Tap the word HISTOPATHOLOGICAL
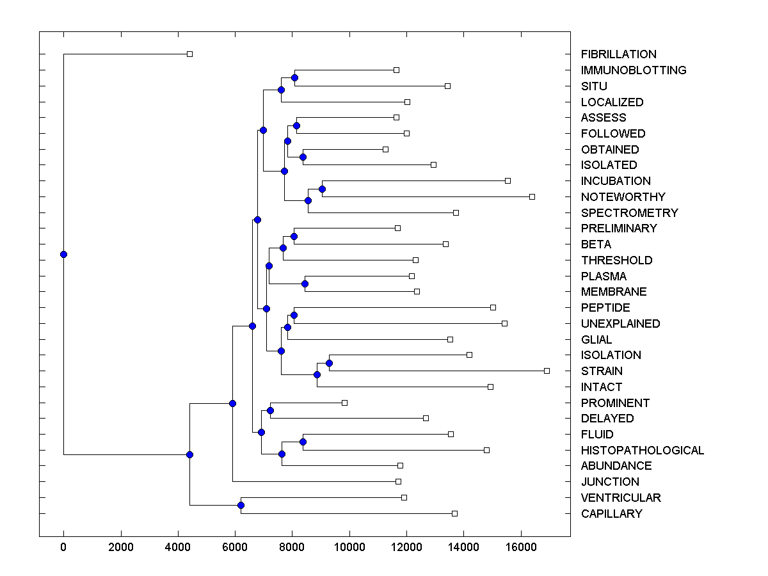point(642,451)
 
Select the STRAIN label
point(602,371)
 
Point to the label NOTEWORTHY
point(614,197)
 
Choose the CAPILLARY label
point(611,514)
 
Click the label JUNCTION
point(610,482)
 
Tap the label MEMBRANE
point(614,292)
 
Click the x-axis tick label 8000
point(292,547)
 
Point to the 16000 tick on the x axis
point(521,547)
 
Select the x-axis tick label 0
point(63,547)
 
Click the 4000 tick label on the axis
point(177,547)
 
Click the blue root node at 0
point(63,254)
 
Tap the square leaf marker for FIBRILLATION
point(189,54)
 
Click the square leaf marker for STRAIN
point(547,371)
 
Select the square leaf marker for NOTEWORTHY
point(532,196)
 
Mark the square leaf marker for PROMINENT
point(344,403)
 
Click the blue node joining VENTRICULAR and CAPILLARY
point(241,506)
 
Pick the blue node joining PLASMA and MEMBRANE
point(305,284)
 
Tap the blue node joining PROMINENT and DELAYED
point(270,410)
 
